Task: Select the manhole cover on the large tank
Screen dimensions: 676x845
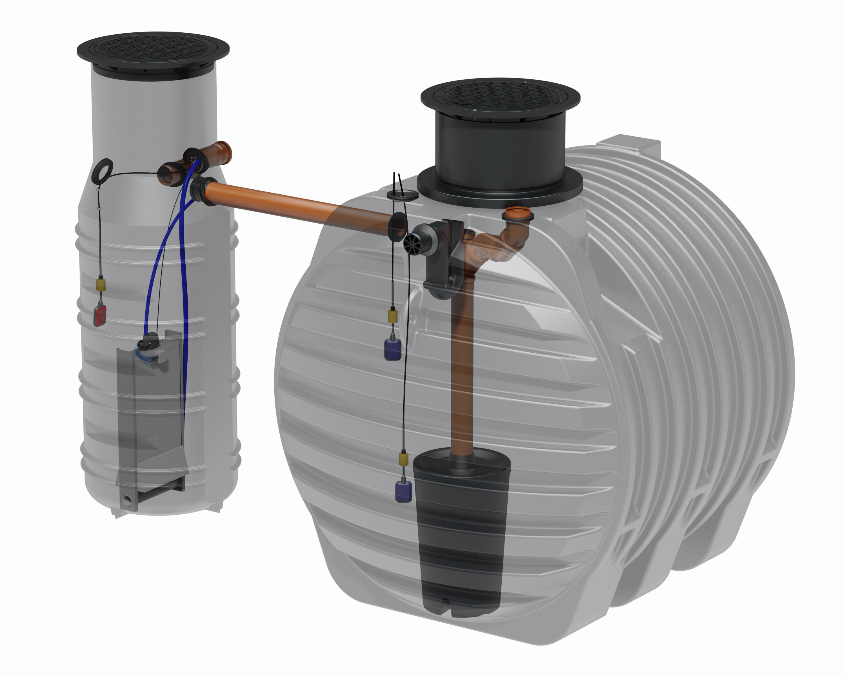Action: (500, 96)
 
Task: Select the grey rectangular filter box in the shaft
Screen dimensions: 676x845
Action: (157, 412)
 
